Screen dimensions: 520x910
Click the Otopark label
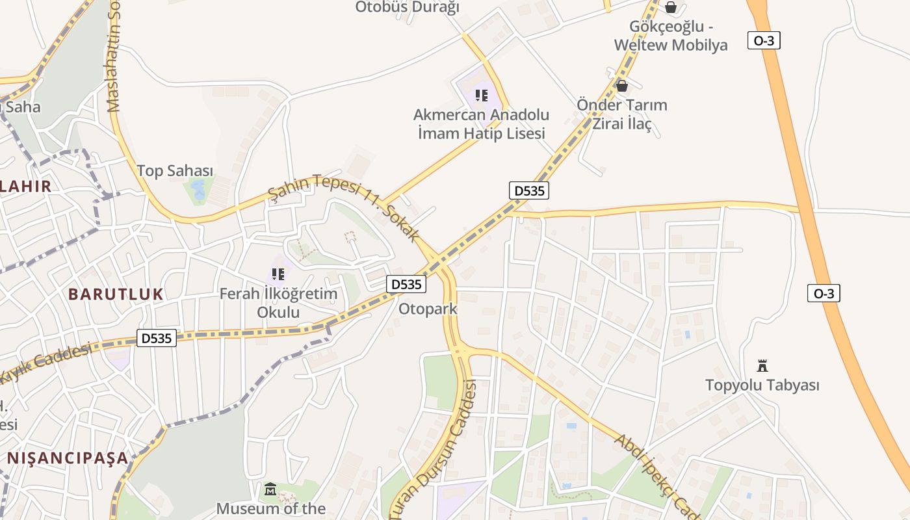[x=428, y=309]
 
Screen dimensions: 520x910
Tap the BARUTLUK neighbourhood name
[x=116, y=294]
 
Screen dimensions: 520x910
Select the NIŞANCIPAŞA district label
[x=68, y=458]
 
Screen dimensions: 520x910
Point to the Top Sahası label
[x=175, y=171]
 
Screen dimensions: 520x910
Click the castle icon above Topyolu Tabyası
[x=762, y=365]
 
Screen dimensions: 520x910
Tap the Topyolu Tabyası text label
[x=762, y=385]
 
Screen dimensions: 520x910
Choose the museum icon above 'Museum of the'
[x=270, y=489]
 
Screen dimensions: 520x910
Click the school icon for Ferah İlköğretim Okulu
[x=278, y=274]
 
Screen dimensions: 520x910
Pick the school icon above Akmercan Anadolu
[x=481, y=96]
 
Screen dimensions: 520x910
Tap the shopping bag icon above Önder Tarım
[x=622, y=86]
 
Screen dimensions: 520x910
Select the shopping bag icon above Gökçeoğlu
[x=671, y=8]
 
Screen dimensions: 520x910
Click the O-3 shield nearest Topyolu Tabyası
[x=824, y=293]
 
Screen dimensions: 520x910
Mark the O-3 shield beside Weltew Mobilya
[x=764, y=40]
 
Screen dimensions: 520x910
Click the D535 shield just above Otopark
[x=407, y=284]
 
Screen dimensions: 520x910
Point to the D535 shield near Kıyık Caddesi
[x=157, y=338]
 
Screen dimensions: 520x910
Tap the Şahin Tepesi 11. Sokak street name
[x=344, y=207]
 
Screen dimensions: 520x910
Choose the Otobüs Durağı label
[x=407, y=7]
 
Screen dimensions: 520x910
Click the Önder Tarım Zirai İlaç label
[x=622, y=114]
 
